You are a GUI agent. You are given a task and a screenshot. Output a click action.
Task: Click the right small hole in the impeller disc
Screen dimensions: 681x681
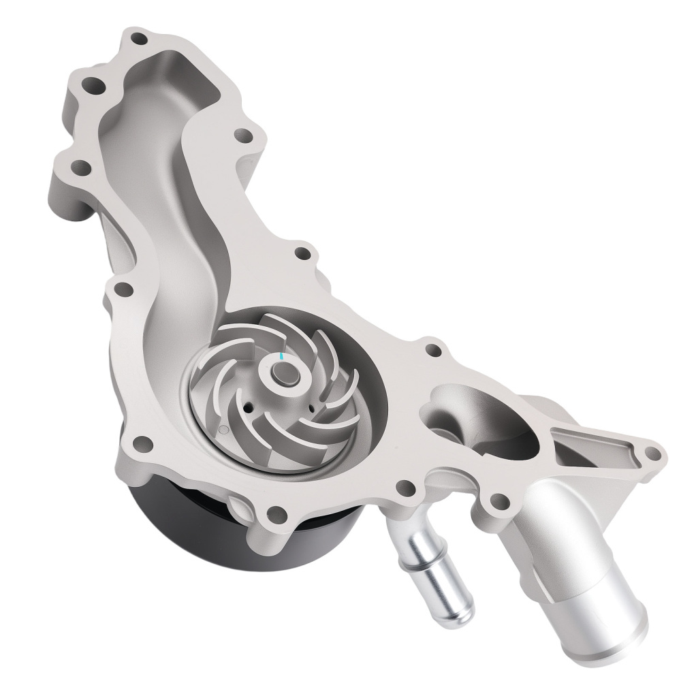(x=311, y=407)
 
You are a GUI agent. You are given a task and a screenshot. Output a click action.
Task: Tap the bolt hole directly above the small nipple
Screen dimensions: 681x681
(x=407, y=488)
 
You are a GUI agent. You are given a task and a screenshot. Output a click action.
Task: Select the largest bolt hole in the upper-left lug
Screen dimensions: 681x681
(x=93, y=87)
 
